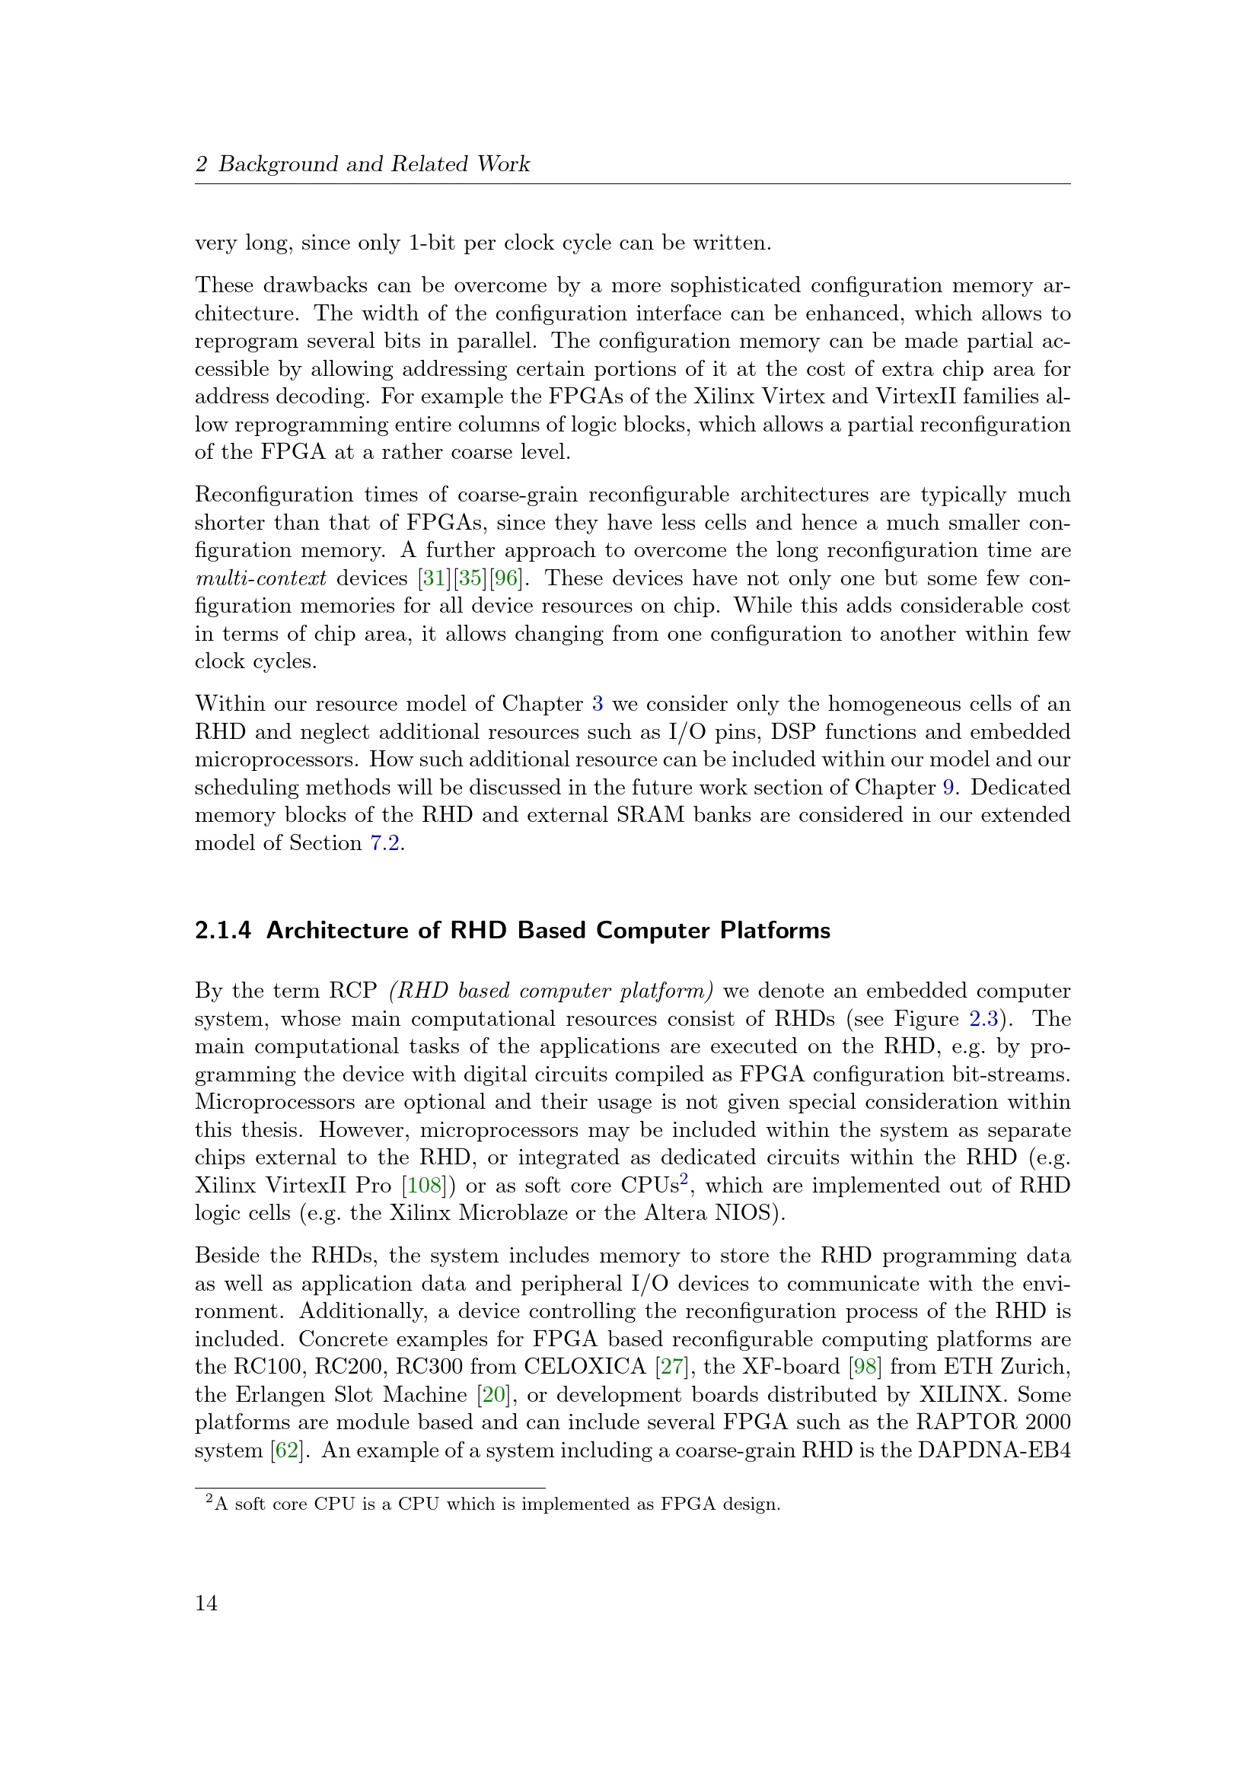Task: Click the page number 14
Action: point(206,1603)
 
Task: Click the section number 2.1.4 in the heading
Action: point(222,930)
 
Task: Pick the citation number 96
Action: point(505,578)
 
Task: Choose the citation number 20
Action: point(493,1395)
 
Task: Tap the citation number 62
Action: point(288,1450)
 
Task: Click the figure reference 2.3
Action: point(983,1019)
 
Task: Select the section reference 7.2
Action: point(384,843)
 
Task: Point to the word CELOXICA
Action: point(585,1367)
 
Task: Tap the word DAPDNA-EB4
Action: point(994,1450)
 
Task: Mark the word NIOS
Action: point(744,1213)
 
